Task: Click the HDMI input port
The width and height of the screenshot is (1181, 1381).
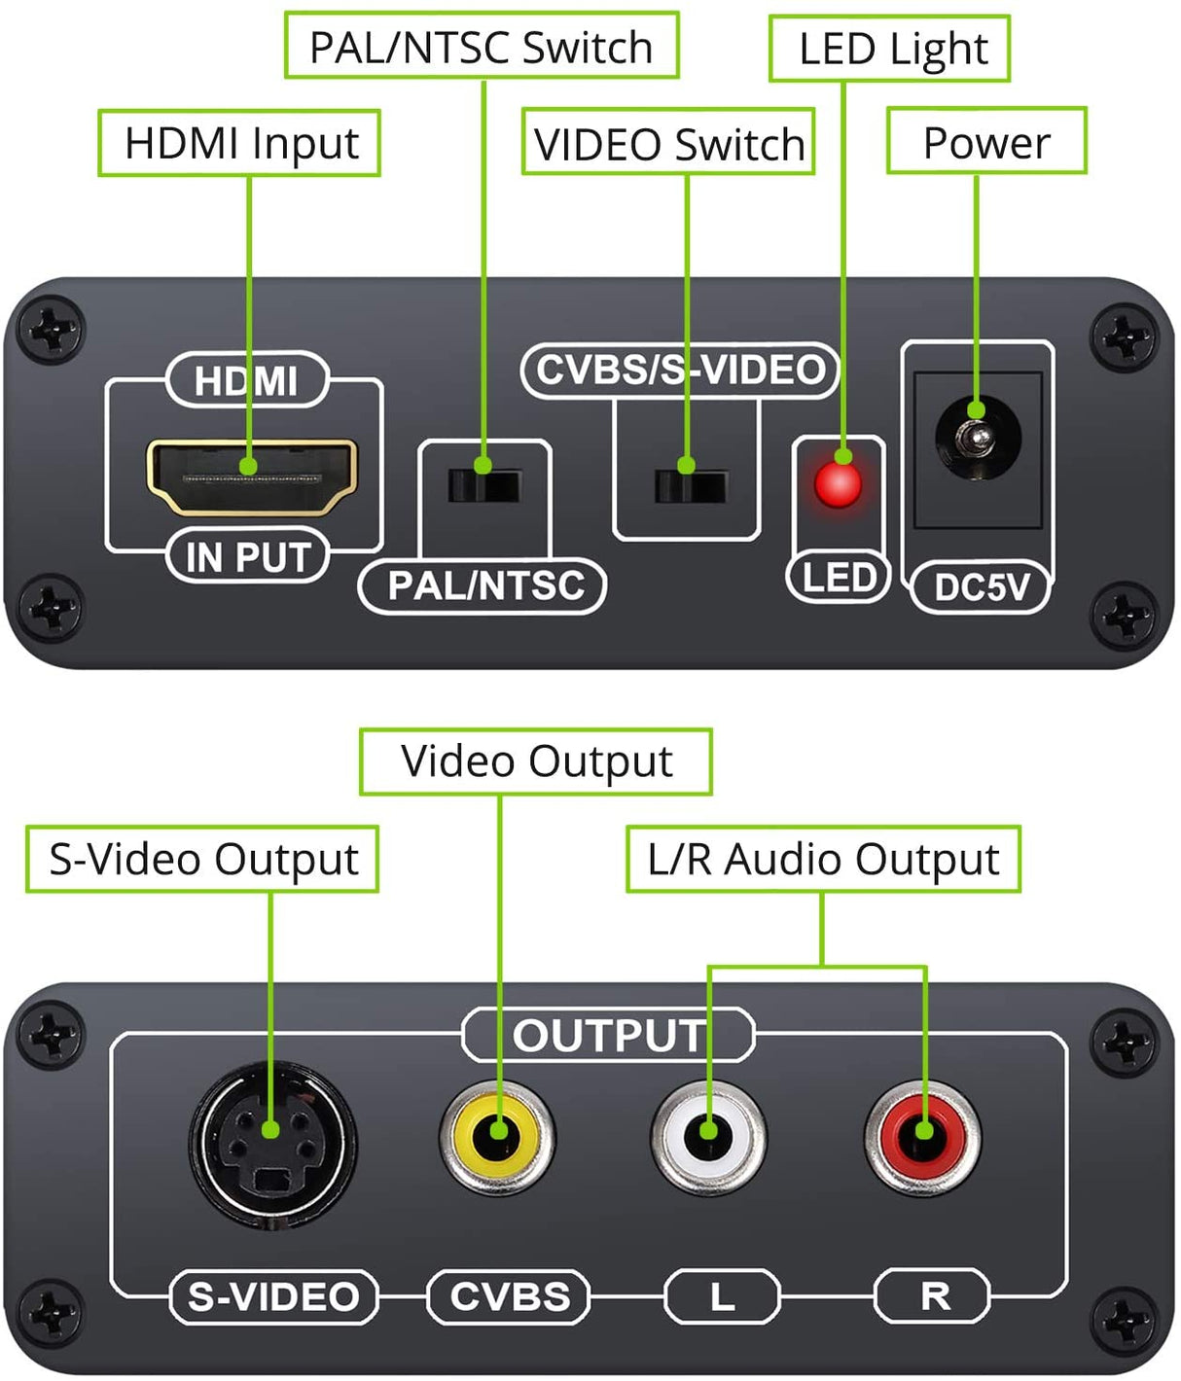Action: click(251, 477)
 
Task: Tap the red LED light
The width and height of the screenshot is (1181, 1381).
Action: click(838, 483)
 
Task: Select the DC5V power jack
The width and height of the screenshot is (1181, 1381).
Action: click(978, 441)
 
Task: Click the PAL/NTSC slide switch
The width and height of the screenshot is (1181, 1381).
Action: click(484, 484)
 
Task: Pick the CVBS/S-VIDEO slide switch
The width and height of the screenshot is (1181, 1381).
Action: click(690, 484)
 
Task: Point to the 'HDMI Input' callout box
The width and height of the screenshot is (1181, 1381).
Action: click(239, 143)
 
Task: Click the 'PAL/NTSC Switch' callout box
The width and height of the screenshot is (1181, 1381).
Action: click(482, 47)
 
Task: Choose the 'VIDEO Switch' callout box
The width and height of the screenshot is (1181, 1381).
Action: click(668, 143)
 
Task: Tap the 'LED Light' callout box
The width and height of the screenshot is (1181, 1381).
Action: click(890, 49)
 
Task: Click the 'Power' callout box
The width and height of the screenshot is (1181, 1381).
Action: click(985, 142)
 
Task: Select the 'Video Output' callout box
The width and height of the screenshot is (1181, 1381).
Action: click(535, 761)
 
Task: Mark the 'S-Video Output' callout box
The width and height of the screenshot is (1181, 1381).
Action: click(202, 860)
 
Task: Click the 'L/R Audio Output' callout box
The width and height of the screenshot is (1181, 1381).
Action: click(823, 860)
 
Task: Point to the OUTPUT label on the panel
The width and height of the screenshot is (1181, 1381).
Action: click(609, 1036)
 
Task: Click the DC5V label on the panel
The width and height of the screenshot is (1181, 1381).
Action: click(981, 586)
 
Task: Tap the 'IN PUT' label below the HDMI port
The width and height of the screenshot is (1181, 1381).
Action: click(248, 557)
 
